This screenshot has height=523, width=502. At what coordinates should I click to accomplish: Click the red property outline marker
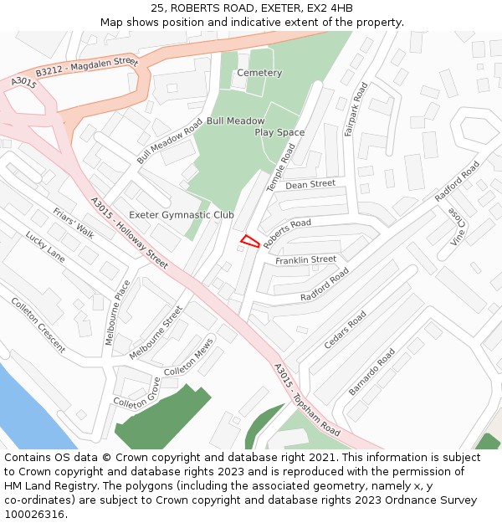[249, 241]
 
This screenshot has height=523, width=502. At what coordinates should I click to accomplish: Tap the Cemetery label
[259, 73]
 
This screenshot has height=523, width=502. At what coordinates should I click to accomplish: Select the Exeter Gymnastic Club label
[182, 215]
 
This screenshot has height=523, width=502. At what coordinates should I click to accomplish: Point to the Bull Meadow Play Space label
[256, 126]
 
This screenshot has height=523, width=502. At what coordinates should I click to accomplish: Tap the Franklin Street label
[305, 261]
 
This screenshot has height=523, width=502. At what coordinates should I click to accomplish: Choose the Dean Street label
[310, 184]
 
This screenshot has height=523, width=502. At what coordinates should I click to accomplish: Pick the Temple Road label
[281, 167]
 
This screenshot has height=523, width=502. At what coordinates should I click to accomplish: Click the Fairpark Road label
[356, 110]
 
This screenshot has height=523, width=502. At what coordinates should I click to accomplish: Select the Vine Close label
[458, 227]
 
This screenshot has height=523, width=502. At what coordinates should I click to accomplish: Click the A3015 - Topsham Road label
[307, 400]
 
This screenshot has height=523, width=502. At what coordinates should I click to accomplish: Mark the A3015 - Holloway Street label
[129, 233]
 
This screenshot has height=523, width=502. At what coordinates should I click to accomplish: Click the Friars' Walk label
[74, 223]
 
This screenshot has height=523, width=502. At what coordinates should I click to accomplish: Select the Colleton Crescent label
[38, 324]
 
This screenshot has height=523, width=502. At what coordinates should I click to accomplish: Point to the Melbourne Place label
[117, 312]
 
